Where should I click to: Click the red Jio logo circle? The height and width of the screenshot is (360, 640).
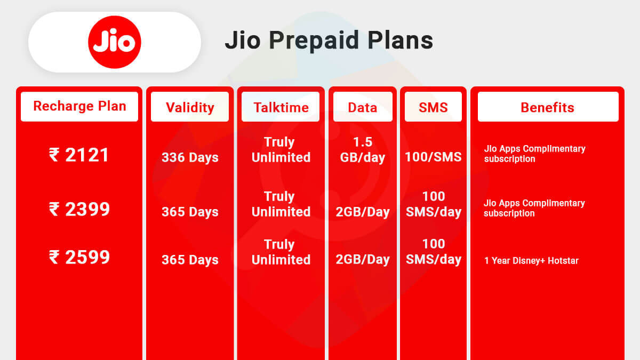115,42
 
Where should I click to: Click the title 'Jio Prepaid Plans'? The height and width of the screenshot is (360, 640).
329,41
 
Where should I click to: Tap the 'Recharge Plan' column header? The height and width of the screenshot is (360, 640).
79,106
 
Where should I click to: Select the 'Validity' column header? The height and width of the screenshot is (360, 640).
190,107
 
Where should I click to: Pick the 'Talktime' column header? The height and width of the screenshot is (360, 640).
281,107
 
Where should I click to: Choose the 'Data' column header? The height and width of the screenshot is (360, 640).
363,107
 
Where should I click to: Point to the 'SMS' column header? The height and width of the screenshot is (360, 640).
433,107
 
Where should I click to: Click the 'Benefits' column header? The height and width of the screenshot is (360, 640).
547,107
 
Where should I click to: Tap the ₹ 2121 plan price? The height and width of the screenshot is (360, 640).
79,155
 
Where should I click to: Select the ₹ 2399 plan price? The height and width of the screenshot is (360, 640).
79,209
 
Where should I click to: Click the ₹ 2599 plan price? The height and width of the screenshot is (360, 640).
79,258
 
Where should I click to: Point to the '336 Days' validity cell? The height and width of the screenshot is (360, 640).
190,158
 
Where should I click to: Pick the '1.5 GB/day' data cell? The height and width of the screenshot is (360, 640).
363,150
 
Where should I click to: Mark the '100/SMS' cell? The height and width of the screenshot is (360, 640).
433,157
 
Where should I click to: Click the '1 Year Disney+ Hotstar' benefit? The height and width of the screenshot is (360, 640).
531,261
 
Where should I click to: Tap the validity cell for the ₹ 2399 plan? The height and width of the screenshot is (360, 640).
190,212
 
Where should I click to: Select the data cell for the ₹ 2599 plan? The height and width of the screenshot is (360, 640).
363,260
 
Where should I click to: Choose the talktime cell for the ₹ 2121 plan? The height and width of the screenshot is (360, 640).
281,150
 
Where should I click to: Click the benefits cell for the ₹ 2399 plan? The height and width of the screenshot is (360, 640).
534,208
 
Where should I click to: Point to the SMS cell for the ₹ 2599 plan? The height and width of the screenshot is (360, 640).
433,252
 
